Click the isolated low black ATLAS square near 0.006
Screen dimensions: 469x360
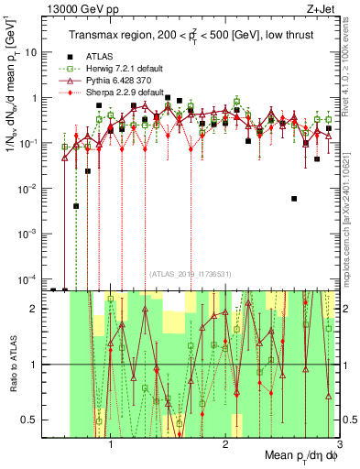[x=294, y=198]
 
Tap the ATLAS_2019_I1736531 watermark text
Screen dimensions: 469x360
[x=190, y=274]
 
